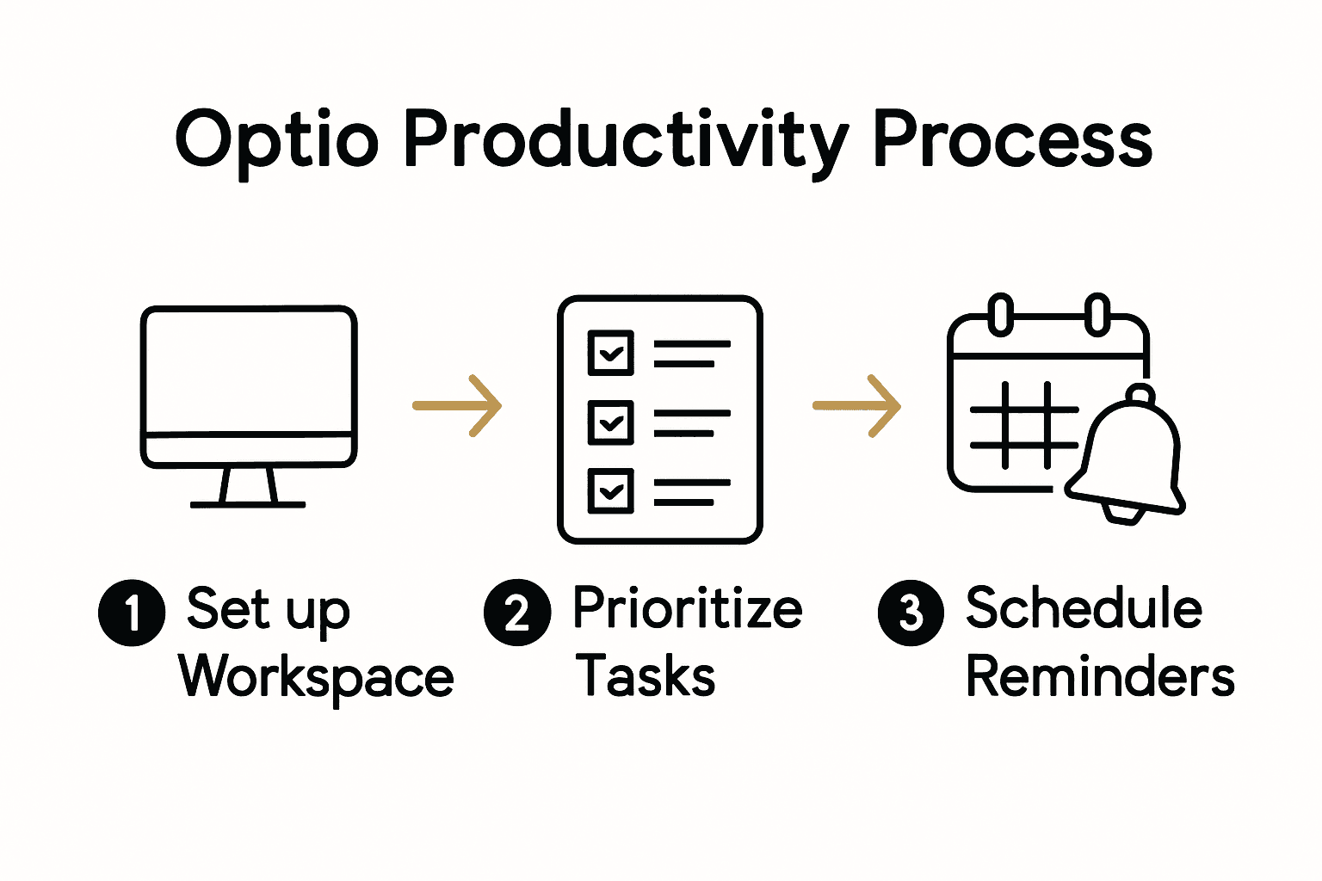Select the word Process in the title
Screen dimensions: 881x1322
[1012, 140]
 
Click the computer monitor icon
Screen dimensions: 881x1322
[249, 387]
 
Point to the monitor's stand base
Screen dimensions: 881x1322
[248, 503]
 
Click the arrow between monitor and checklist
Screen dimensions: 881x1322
[457, 405]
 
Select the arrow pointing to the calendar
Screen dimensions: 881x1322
[857, 405]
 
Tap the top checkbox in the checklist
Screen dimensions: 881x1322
[610, 353]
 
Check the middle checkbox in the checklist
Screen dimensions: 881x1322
[610, 422]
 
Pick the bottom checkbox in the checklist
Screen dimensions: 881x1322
[610, 491]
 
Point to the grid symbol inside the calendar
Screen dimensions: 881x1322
[1024, 426]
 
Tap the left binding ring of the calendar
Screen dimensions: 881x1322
[1000, 314]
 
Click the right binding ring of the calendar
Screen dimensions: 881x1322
[1097, 314]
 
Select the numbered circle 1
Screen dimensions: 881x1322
[132, 613]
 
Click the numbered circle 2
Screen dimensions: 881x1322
[517, 613]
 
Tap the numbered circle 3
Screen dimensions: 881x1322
[911, 613]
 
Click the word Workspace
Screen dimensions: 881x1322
[316, 677]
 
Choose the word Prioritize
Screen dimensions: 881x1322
[687, 608]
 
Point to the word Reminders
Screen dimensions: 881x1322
[1100, 676]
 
